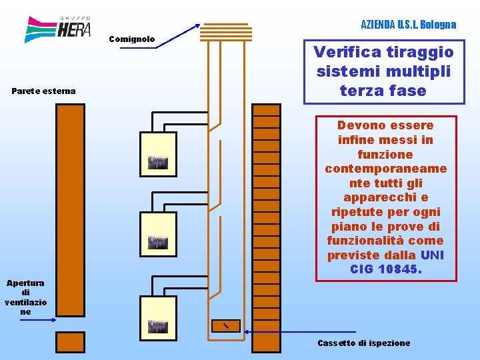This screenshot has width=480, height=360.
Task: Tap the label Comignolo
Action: point(131,39)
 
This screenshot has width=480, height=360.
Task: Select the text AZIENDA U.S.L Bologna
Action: point(408,25)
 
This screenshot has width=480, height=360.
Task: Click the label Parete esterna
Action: point(43,91)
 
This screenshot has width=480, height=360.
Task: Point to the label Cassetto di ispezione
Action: point(363,343)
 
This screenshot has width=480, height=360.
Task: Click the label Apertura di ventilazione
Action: point(25,297)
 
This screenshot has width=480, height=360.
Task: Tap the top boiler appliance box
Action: point(158,154)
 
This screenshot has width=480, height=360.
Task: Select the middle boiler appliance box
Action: point(158,234)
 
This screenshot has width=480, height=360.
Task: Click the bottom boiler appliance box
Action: point(158,318)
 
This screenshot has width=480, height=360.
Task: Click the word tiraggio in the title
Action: point(418,52)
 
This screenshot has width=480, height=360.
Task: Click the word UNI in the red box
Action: point(432,255)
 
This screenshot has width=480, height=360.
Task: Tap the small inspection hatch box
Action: point(225,325)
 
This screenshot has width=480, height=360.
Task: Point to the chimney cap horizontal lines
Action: point(225,31)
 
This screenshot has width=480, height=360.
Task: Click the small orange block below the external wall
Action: point(70,342)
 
